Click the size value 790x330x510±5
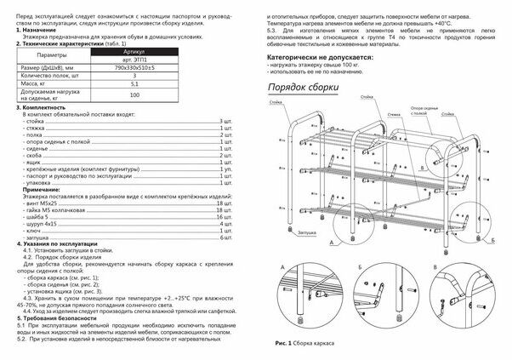click(x=134, y=68)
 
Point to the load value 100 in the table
click(x=134, y=95)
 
